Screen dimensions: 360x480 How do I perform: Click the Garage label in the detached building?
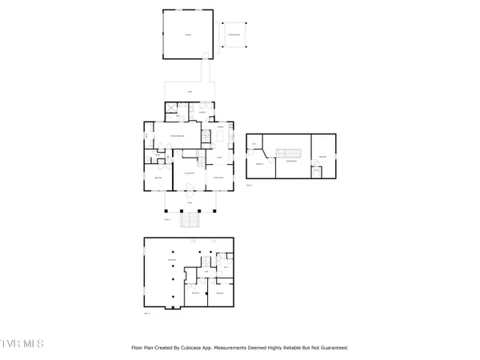pos(189,35)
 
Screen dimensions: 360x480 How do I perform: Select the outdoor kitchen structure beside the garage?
pos(234,34)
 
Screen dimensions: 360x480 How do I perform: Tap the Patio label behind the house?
pos(190,92)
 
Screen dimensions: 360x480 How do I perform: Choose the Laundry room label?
pos(202,111)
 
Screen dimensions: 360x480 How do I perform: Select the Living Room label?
pos(189,173)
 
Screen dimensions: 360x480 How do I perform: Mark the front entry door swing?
pos(190,188)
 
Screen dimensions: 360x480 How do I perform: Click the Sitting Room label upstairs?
pos(290,162)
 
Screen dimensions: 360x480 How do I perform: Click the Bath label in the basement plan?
pos(226,266)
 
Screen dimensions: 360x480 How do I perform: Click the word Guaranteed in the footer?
pos(331,348)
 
